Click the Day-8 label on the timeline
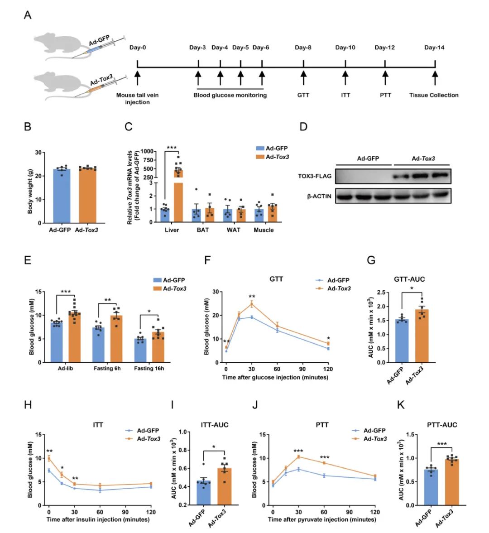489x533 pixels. point(303,48)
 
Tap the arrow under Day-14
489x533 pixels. point(435,77)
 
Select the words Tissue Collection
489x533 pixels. point(434,95)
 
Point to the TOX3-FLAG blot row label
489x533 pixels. point(315,176)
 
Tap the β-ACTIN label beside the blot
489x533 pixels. point(317,196)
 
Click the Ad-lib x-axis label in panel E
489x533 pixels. point(67,369)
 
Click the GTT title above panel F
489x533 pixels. point(276,279)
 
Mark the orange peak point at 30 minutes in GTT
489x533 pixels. point(251,304)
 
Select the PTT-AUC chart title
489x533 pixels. point(441,425)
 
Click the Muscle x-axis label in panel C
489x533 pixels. point(264,230)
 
